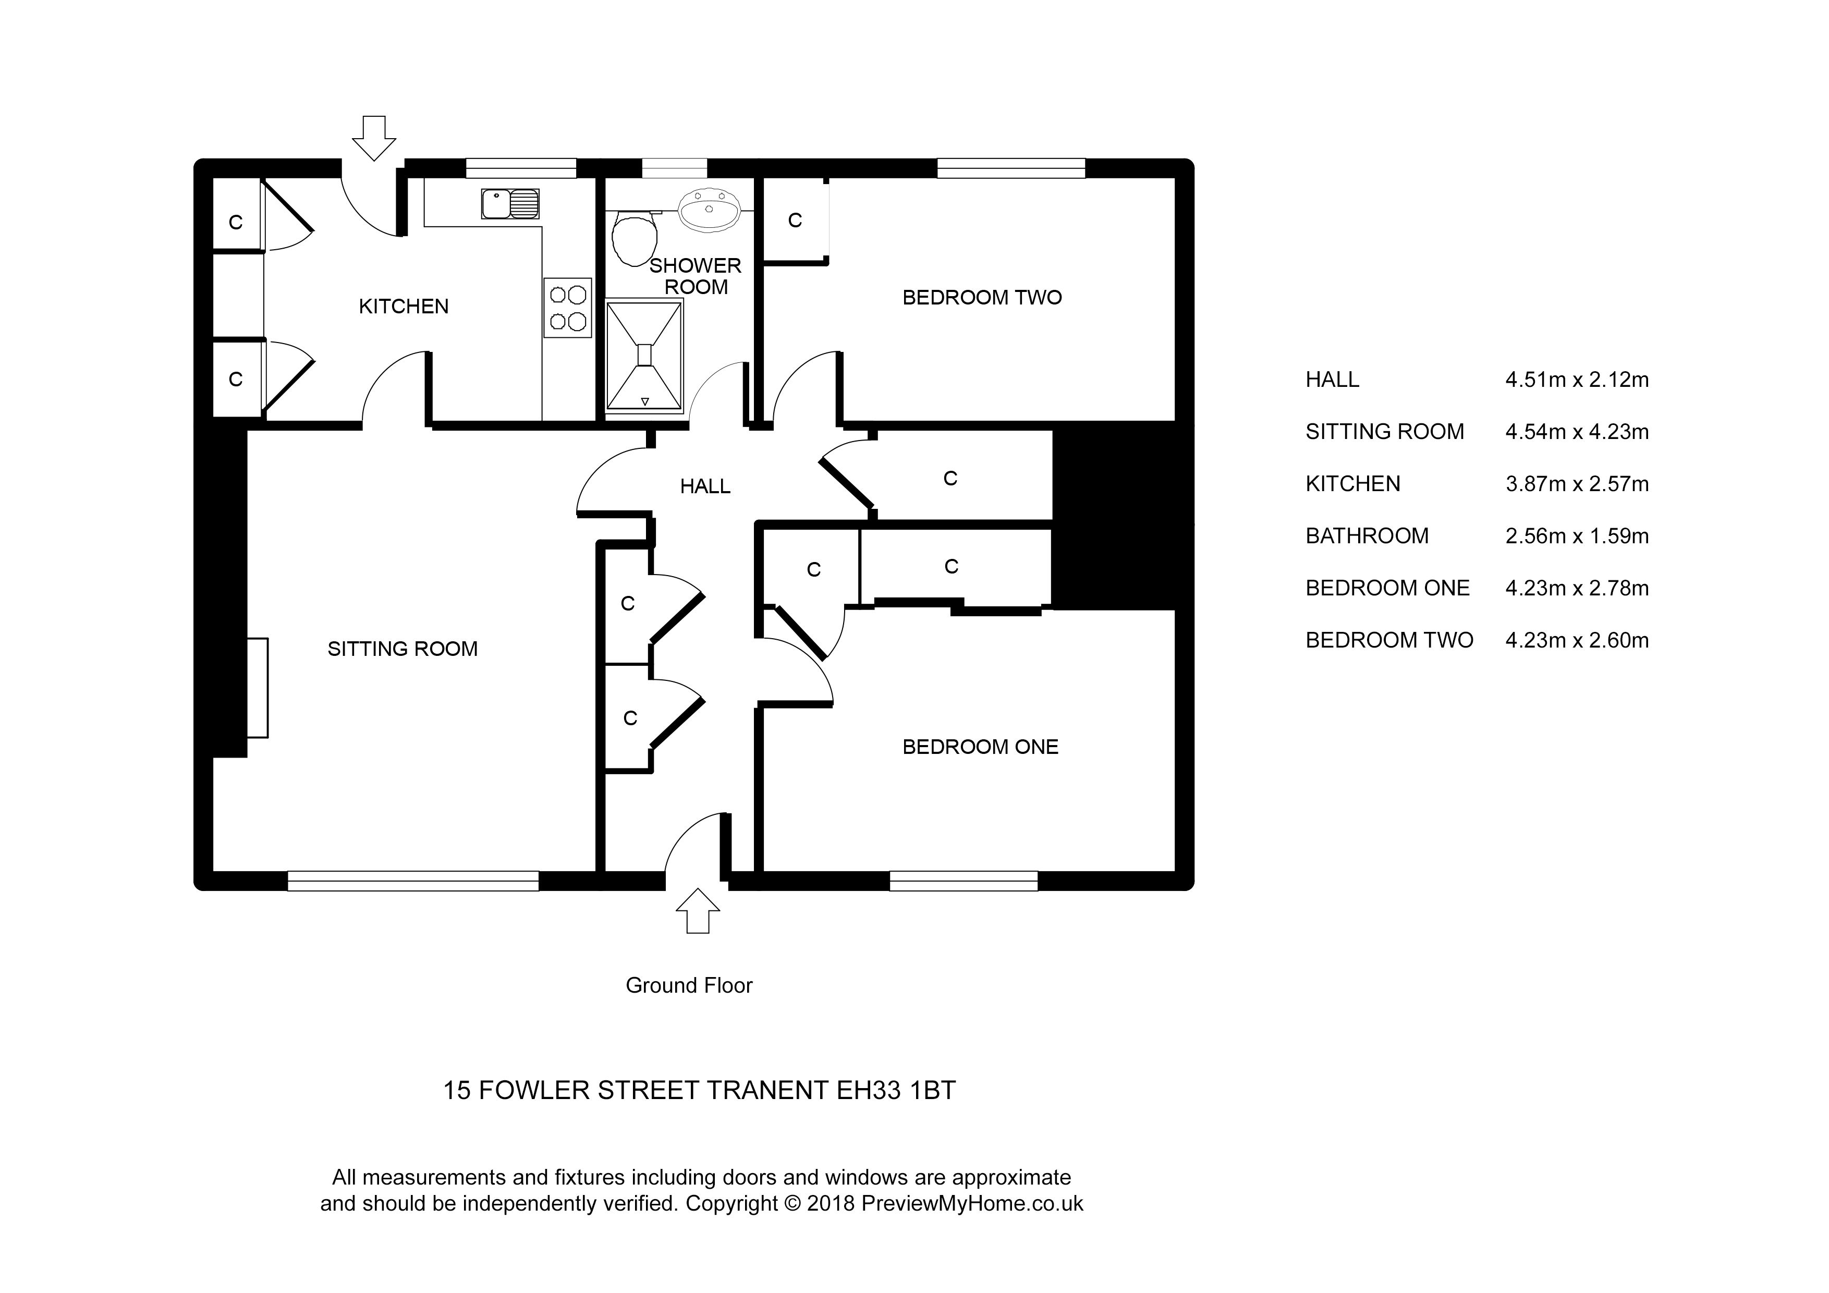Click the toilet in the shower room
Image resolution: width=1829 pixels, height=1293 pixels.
tap(635, 237)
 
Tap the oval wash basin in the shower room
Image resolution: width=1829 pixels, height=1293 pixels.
tap(708, 210)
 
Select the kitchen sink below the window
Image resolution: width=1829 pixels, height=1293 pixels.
tap(510, 204)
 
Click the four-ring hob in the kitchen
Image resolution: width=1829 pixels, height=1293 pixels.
tap(567, 308)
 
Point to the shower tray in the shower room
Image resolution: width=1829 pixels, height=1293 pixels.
tap(644, 356)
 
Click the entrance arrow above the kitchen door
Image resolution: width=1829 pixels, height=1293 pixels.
tap(374, 138)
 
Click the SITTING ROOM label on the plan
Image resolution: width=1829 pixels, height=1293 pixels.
tap(403, 649)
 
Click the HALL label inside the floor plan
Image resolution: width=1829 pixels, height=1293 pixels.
tap(705, 486)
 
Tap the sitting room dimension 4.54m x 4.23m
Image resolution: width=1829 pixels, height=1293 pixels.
tap(1577, 432)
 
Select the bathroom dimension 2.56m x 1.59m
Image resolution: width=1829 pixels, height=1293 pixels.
tap(1577, 536)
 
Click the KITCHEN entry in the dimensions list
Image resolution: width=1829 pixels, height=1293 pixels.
tap(1352, 484)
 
